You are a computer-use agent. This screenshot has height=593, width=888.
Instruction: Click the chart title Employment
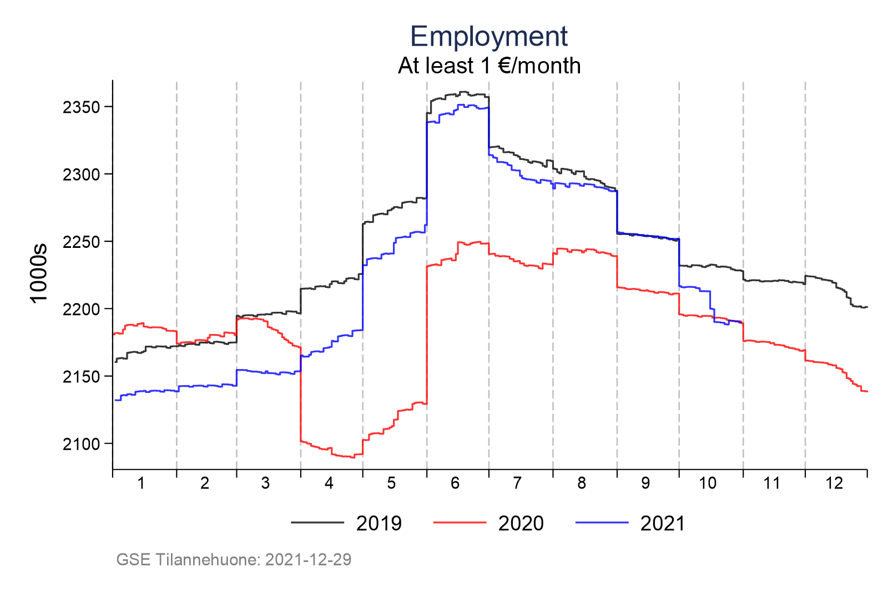(488, 37)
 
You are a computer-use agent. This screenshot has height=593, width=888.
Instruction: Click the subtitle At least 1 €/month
(489, 66)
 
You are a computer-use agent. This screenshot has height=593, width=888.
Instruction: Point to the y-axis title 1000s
(39, 273)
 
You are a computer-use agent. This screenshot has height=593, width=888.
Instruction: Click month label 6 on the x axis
(455, 483)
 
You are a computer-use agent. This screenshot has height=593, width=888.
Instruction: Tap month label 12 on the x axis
(834, 483)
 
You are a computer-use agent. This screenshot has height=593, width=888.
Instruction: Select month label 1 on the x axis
(141, 483)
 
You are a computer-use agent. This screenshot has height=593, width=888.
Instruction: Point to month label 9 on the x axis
(645, 483)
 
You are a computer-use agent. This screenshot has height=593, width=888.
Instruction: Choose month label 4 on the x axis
(329, 483)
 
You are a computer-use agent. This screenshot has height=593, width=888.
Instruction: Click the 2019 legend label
(379, 524)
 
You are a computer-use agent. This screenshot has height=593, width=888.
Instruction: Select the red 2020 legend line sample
(459, 523)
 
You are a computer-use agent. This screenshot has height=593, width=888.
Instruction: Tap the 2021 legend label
(663, 524)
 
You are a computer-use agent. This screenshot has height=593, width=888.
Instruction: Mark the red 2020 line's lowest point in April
(352, 457)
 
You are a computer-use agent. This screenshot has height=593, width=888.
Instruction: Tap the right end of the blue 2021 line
(743, 322)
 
